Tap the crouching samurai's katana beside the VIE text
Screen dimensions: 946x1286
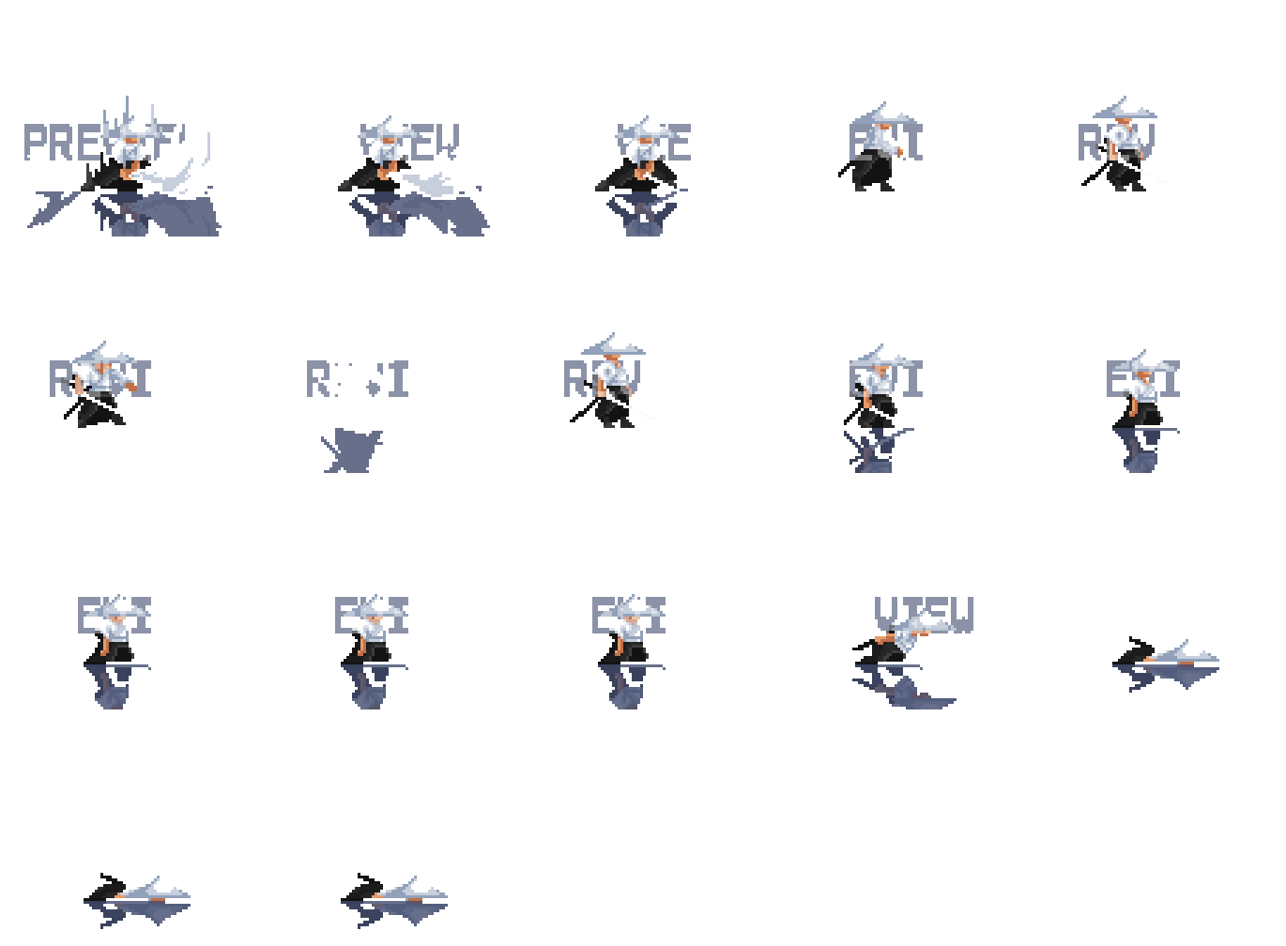[x=668, y=184]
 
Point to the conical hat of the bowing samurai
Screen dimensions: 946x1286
[x=925, y=623]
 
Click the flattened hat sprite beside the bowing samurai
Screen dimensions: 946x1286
[x=1169, y=661]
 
